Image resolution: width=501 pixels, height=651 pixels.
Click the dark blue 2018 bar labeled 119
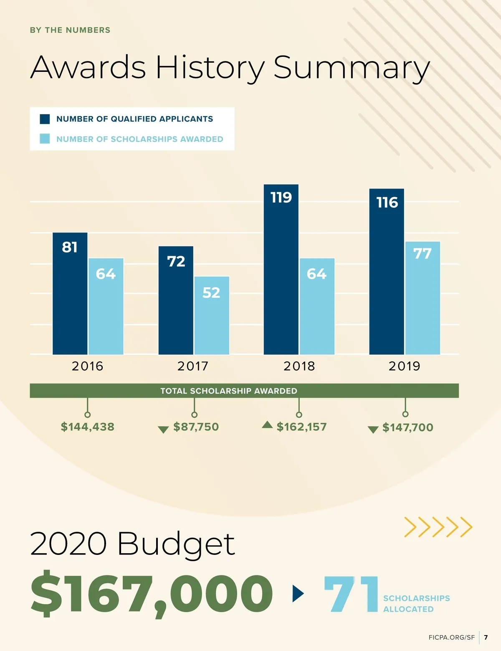281,270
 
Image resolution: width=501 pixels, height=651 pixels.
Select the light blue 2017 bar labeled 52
212,315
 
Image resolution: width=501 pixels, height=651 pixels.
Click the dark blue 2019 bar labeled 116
387,272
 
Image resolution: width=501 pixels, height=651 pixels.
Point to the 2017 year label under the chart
193,366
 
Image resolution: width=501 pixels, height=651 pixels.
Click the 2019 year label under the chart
404,366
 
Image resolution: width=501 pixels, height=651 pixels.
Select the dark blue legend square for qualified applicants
45,119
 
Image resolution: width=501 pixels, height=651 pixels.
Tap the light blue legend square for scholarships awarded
45,139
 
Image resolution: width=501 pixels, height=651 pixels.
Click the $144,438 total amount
88,427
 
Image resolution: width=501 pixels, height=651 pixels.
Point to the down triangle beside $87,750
163,430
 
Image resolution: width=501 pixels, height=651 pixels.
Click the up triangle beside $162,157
267,425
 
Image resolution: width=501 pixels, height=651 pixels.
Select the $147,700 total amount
408,427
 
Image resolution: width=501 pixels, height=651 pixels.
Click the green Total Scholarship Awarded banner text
229,391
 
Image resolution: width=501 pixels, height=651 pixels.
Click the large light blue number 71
351,594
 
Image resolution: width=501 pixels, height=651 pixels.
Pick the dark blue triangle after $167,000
298,593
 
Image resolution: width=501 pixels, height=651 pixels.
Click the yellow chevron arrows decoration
438,527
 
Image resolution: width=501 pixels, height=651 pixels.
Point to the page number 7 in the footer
486,638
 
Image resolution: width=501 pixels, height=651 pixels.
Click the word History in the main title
210,68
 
